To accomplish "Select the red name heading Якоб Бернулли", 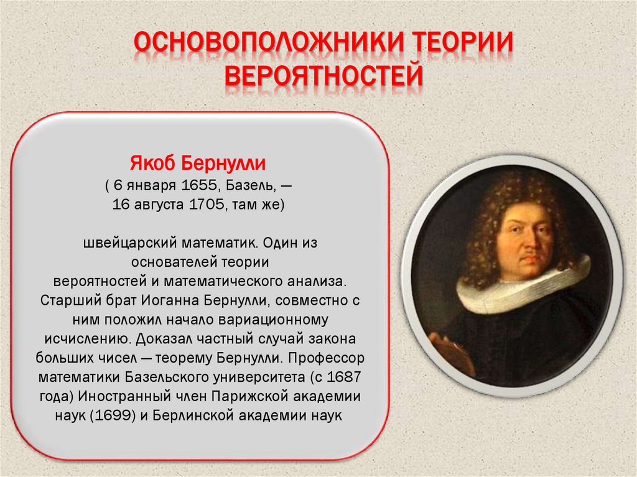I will (198, 164).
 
